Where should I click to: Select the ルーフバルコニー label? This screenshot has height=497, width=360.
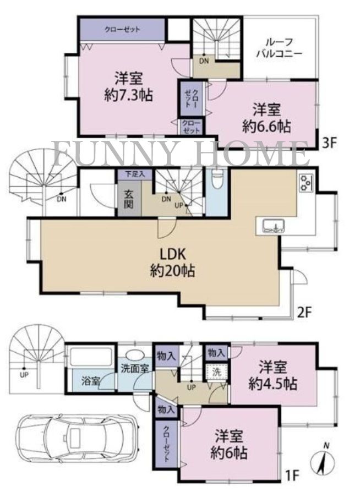click(281, 48)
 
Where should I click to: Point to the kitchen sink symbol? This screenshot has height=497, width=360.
click(270, 226)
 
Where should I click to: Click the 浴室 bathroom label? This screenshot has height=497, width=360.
click(91, 380)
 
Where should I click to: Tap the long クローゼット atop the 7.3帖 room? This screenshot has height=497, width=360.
click(122, 29)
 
